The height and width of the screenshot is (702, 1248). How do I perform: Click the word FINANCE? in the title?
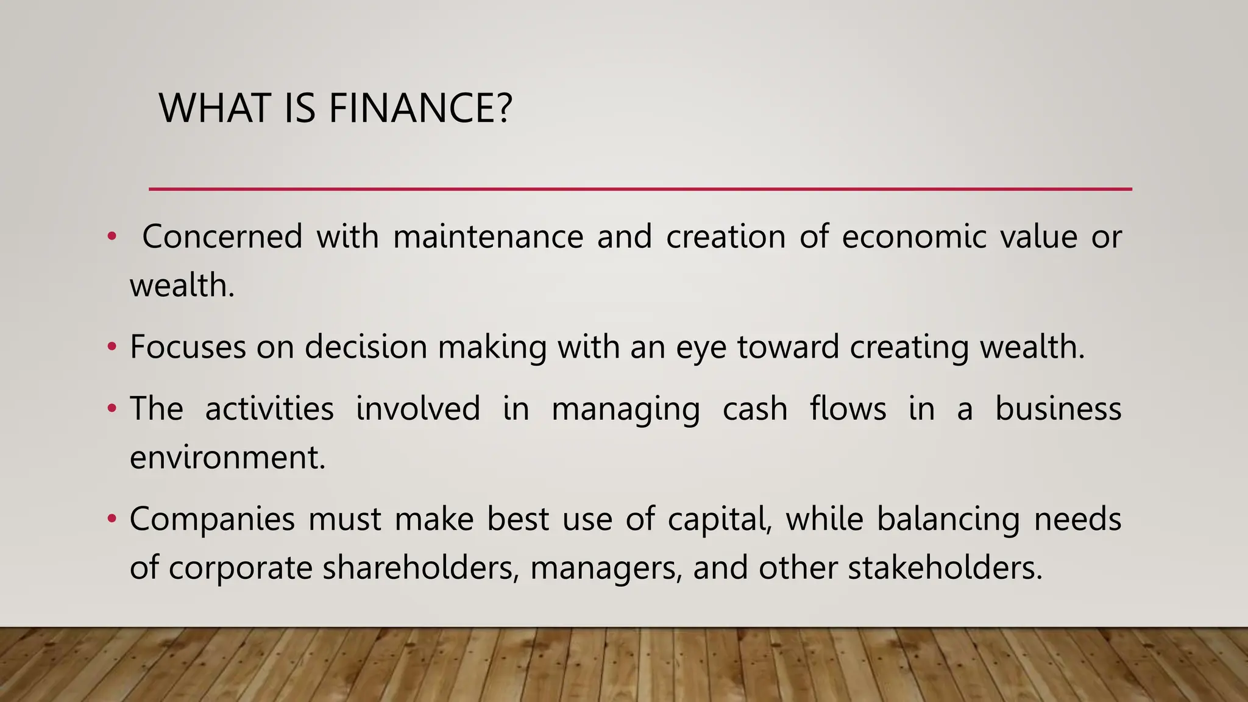pyautogui.click(x=420, y=108)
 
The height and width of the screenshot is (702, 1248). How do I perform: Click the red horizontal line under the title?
pyautogui.click(x=640, y=190)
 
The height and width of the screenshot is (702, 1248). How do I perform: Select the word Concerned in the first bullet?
pyautogui.click(x=222, y=237)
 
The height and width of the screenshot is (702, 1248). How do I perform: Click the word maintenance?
pyautogui.click(x=488, y=237)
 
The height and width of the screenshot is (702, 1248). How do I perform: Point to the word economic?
pyautogui.click(x=913, y=237)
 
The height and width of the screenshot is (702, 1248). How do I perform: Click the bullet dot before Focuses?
pyautogui.click(x=112, y=347)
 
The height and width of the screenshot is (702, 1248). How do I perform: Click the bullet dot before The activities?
pyautogui.click(x=112, y=408)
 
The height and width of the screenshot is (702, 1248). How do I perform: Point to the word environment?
pyautogui.click(x=227, y=458)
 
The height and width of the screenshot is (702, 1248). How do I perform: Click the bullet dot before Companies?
pyautogui.click(x=112, y=519)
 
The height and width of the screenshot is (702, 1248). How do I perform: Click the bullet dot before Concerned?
pyautogui.click(x=112, y=236)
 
